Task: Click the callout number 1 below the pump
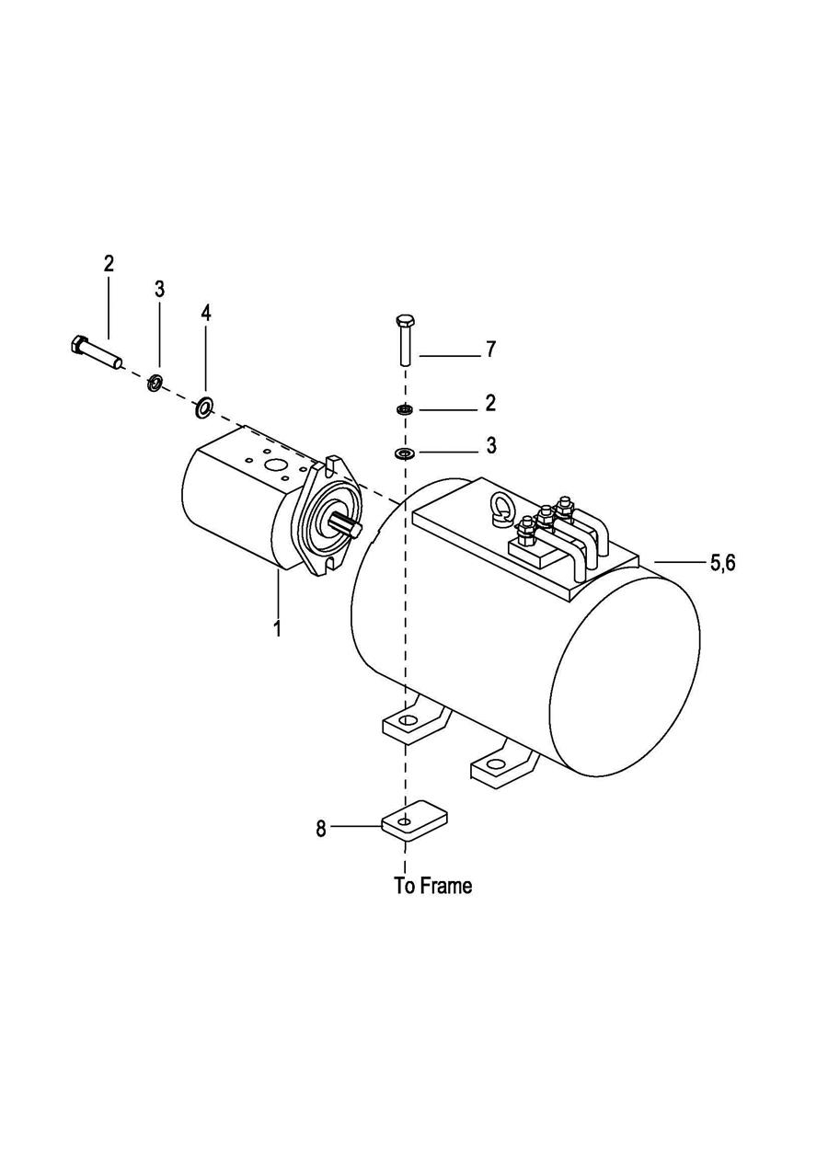click(278, 628)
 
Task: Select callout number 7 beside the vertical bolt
click(490, 350)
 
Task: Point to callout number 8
click(321, 829)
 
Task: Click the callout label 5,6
click(722, 563)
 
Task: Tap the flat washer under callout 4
click(203, 407)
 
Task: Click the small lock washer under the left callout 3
click(155, 384)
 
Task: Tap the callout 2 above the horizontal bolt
click(109, 264)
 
